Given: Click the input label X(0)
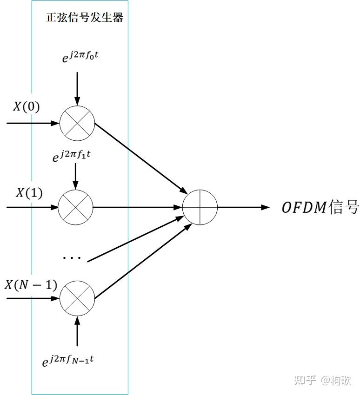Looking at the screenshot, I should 26,107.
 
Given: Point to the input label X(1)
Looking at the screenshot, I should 29,192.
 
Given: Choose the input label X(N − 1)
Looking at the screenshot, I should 31,284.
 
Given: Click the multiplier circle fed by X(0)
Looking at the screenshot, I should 77,124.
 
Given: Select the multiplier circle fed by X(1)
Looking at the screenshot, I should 75,206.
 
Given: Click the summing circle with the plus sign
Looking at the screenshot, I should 200,207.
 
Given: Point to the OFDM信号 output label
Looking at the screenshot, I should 314,207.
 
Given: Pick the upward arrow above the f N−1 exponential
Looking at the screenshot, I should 77,330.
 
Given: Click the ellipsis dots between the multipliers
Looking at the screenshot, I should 72,258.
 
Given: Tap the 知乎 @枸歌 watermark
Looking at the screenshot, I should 322,381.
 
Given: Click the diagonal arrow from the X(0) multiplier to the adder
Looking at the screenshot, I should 140,158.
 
